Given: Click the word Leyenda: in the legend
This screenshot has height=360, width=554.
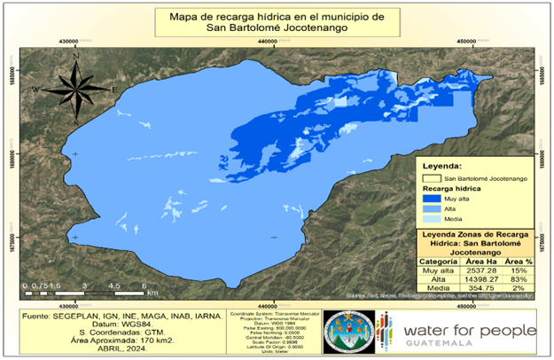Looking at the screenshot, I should click(443, 166).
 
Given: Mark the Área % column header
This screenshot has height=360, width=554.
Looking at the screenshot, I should click(519, 262).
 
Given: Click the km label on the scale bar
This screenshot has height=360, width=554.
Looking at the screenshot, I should click(153, 292).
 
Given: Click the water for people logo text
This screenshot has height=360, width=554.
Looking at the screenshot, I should click(469, 332).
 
